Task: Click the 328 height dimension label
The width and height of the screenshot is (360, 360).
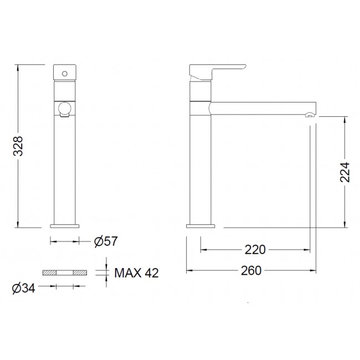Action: point(18,146)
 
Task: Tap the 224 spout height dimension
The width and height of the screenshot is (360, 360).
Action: point(344,172)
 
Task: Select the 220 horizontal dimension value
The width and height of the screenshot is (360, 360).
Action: point(255,250)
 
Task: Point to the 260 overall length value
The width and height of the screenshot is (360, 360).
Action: point(251,270)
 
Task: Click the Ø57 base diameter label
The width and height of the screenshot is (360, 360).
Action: point(106,241)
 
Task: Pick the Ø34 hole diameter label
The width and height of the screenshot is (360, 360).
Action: point(23,288)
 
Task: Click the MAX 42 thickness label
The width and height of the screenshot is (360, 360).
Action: point(136,273)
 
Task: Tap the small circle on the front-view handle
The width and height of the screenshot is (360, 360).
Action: point(65,74)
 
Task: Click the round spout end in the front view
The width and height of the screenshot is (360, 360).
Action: point(65,109)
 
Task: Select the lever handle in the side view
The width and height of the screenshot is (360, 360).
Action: point(217,72)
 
